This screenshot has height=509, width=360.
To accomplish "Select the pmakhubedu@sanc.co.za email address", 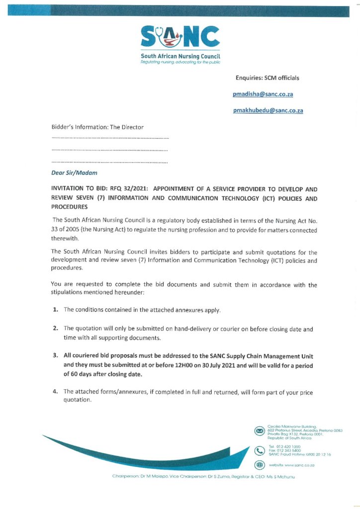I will tap(268, 110).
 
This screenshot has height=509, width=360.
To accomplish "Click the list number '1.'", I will tap(56, 310).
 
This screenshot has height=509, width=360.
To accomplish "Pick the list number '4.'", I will tap(56, 392).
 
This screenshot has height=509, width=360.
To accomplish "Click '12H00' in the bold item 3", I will tap(187, 366).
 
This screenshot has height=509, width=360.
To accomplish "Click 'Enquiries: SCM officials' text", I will tap(268, 78).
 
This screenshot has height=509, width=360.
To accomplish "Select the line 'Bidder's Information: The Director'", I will tap(97, 127).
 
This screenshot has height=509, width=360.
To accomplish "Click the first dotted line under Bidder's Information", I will tap(110, 137).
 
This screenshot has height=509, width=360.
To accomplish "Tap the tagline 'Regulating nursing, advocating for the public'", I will tap(180, 62).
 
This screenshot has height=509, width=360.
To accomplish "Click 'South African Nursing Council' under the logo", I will tap(180, 57).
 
